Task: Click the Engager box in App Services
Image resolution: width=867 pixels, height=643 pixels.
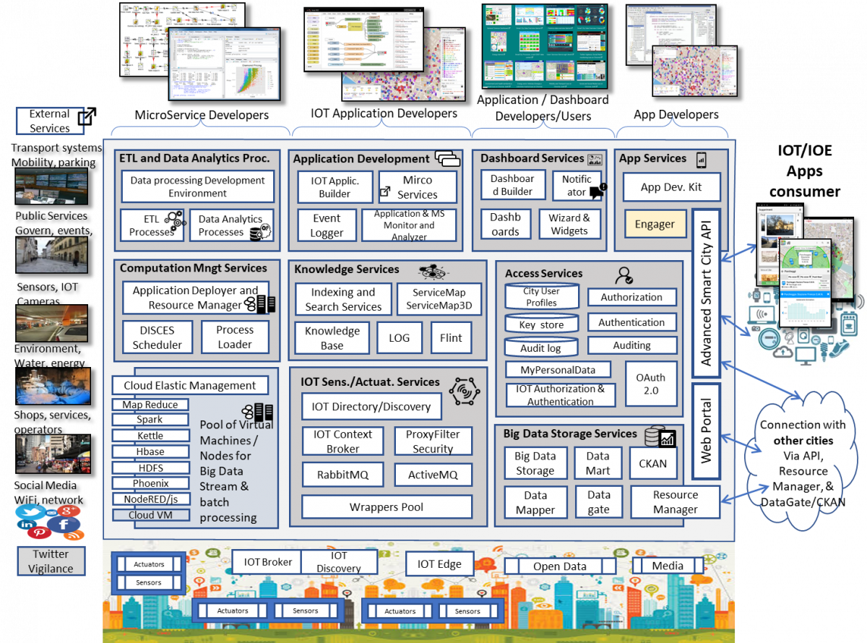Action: point(655,225)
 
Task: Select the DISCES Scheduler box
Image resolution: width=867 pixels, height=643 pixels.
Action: point(157,337)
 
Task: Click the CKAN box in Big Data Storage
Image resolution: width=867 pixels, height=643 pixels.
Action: point(653,463)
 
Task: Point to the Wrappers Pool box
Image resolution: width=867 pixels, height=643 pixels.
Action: point(387,506)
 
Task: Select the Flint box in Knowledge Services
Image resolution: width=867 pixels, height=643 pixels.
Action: point(451,337)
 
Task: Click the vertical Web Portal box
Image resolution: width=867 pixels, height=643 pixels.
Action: point(706,431)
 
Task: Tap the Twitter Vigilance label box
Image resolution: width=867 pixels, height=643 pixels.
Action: point(51,561)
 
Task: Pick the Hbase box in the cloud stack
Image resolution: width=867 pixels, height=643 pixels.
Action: point(150,452)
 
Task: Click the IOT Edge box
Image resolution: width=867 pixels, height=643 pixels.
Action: point(439,564)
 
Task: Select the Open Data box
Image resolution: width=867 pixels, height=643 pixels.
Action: point(560,566)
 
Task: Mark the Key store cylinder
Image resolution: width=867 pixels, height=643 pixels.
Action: point(541,324)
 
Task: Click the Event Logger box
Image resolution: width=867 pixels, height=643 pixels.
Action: point(327,225)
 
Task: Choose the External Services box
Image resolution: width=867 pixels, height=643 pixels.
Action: point(50,121)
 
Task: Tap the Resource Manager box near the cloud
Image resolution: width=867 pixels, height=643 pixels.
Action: point(676,502)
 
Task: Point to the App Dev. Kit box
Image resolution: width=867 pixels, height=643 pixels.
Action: point(670,187)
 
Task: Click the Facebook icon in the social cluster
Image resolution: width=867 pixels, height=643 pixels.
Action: point(64,524)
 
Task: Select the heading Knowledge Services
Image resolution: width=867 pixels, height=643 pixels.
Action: point(346,269)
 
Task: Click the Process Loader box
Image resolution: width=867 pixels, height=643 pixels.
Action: point(235,337)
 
